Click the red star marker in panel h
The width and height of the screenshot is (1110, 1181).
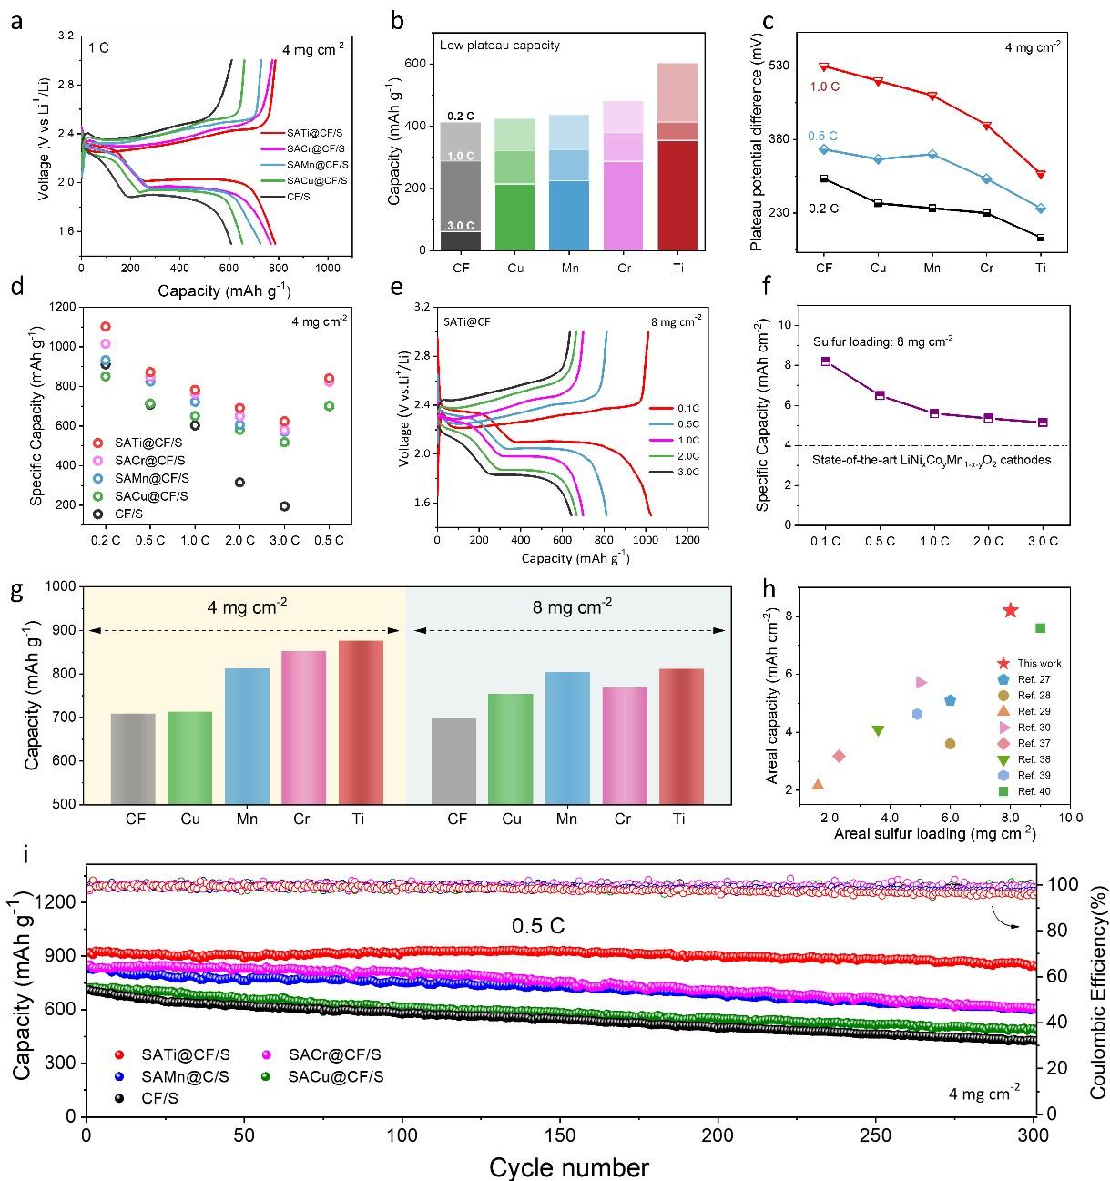click(x=1010, y=610)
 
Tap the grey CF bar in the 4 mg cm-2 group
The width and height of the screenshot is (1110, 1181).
click(x=133, y=758)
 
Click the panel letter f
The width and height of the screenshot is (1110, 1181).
click(x=767, y=288)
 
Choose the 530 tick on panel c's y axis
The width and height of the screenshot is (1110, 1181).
click(x=784, y=66)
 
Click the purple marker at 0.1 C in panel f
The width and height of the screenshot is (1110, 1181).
click(x=826, y=361)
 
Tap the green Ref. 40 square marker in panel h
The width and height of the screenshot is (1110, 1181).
click(x=1040, y=627)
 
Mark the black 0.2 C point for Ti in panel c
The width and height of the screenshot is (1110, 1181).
click(x=1040, y=238)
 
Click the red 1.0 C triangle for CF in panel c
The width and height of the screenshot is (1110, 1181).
click(x=824, y=66)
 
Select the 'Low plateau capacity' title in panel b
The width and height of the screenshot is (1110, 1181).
click(x=500, y=46)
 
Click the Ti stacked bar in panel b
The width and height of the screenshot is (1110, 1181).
click(x=677, y=156)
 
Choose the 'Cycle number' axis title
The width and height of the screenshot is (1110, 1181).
click(x=569, y=1166)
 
